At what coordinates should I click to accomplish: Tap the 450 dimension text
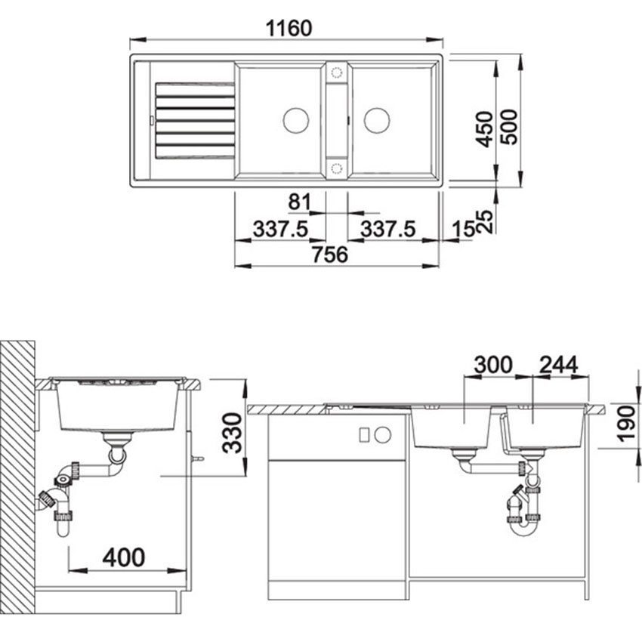point(485,128)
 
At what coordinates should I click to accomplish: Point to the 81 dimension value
point(300,203)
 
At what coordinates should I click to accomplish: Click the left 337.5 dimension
point(279,230)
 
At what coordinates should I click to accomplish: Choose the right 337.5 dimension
point(387,230)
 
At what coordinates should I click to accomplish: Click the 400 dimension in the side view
point(123,558)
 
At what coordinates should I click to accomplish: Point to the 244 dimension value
point(558,365)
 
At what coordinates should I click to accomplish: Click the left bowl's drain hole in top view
point(295,119)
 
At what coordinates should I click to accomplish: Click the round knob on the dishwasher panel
point(383,435)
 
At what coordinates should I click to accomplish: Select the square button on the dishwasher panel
point(363,435)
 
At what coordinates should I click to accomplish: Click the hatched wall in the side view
point(17,476)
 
